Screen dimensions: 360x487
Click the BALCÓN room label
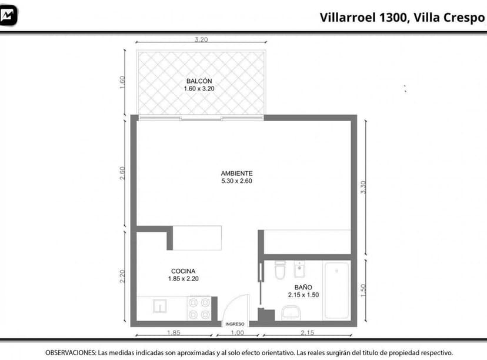(199, 81)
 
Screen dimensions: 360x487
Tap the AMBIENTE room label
(236, 174)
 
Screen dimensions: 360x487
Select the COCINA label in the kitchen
(183, 271)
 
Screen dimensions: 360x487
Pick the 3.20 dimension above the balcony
(201, 40)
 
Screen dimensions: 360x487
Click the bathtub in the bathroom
(336, 290)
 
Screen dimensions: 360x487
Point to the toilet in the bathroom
(280, 271)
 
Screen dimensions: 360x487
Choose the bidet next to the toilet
(299, 271)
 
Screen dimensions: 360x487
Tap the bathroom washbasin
(291, 314)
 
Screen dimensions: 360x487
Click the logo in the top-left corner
(9, 15)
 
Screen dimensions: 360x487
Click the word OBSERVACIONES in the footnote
(70, 353)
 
